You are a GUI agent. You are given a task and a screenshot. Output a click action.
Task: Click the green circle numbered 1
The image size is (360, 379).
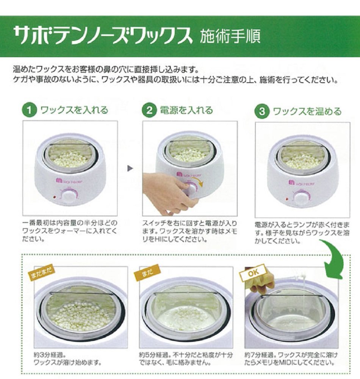click(x=29, y=110)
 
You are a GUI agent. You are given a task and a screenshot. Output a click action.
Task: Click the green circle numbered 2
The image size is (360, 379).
click(x=149, y=110)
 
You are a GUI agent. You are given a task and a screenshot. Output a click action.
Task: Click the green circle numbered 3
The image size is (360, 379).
click(x=262, y=111)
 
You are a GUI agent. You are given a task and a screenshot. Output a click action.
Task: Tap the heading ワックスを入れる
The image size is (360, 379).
click(x=74, y=110)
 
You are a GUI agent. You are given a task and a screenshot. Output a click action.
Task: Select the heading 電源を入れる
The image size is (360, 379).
click(x=186, y=110)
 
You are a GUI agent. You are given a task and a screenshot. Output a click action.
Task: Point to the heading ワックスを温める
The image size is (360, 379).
click(x=307, y=111)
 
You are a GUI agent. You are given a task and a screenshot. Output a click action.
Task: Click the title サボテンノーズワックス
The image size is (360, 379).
click(x=102, y=36)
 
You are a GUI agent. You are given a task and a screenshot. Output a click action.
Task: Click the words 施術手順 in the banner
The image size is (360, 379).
click(x=230, y=36)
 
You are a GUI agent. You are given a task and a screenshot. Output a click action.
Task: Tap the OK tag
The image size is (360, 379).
click(x=253, y=273)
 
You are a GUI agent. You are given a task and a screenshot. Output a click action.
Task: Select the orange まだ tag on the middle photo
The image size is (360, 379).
click(x=147, y=272)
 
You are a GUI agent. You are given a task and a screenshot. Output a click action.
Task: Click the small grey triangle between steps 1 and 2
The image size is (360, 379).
click(x=130, y=168)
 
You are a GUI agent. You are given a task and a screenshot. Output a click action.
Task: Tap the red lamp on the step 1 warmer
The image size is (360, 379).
click(x=54, y=197)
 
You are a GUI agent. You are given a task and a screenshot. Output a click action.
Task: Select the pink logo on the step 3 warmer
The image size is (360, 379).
click(x=292, y=182)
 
